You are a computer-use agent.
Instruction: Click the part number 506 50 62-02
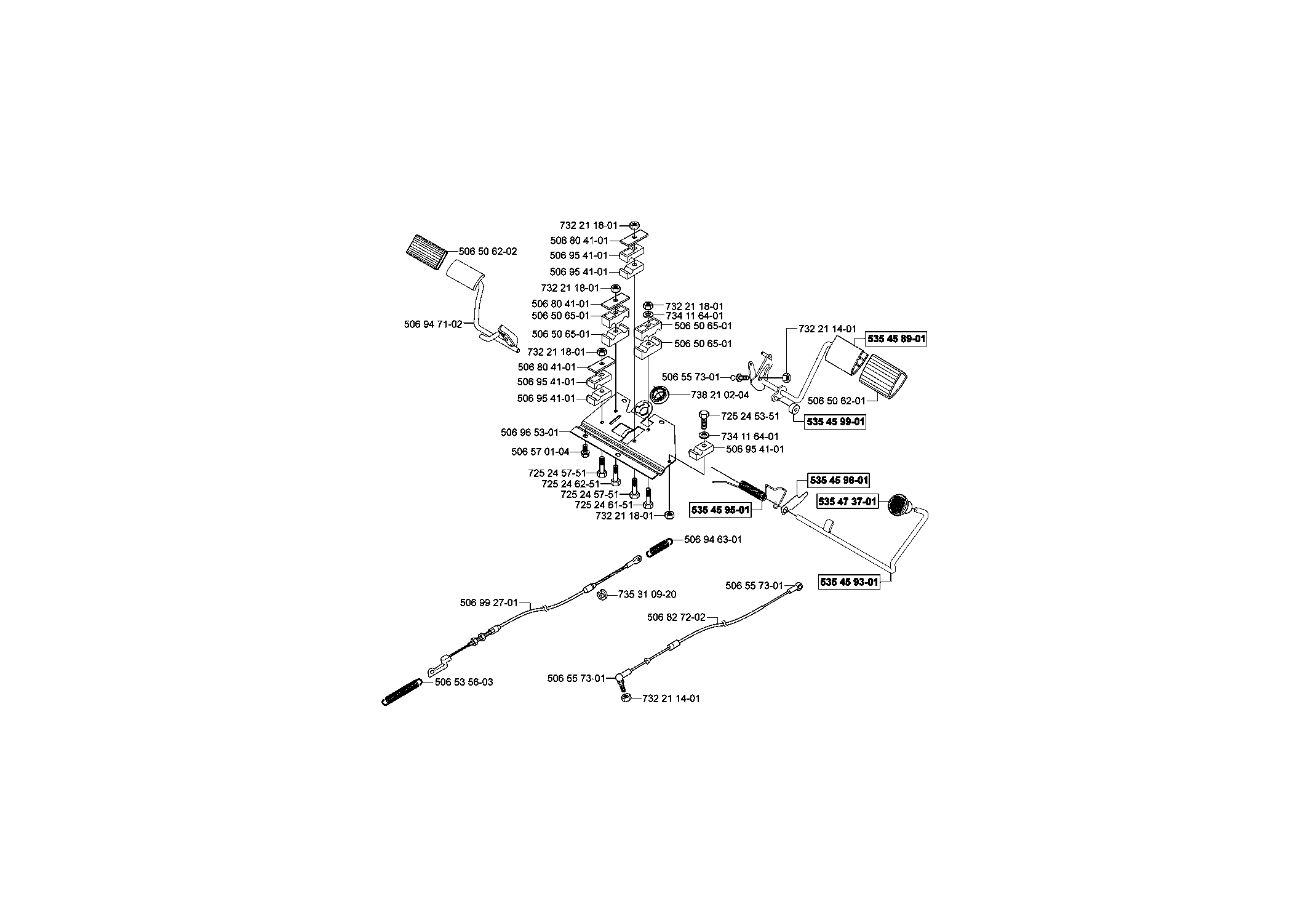pyautogui.click(x=488, y=251)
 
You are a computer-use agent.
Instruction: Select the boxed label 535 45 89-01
pyautogui.click(x=896, y=338)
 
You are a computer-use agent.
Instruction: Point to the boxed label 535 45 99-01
pyautogui.click(x=835, y=422)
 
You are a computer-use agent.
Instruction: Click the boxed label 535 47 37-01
pyautogui.click(x=847, y=502)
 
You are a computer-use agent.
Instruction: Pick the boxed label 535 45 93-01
pyautogui.click(x=849, y=582)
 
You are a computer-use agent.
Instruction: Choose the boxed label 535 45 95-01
pyautogui.click(x=721, y=510)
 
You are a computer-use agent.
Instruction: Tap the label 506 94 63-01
pyautogui.click(x=713, y=540)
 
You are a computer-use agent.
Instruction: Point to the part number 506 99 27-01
pyautogui.click(x=489, y=603)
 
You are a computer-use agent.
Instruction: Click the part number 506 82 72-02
pyautogui.click(x=677, y=617)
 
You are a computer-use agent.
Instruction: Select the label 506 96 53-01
pyautogui.click(x=530, y=433)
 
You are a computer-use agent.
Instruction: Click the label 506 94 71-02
pyautogui.click(x=433, y=324)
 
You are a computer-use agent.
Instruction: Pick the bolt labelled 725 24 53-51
pyautogui.click(x=705, y=420)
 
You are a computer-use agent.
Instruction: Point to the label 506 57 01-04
pyautogui.click(x=540, y=452)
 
